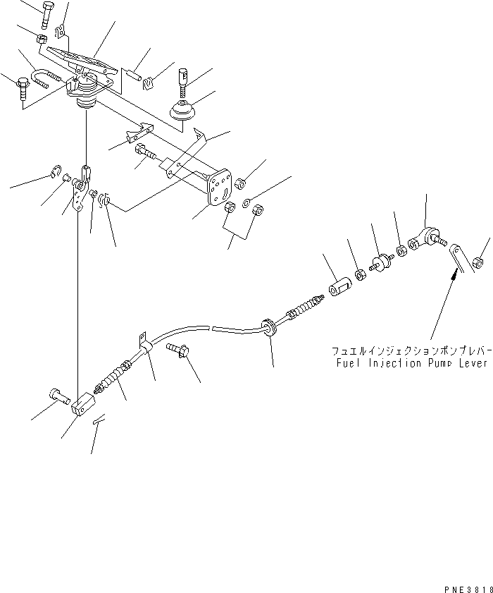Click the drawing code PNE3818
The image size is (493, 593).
(466, 587)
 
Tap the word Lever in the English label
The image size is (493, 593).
(471, 364)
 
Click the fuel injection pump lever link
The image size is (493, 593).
(458, 257)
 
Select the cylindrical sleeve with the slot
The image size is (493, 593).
(339, 289)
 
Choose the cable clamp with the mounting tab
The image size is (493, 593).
(144, 347)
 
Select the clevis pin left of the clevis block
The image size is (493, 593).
(56, 396)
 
